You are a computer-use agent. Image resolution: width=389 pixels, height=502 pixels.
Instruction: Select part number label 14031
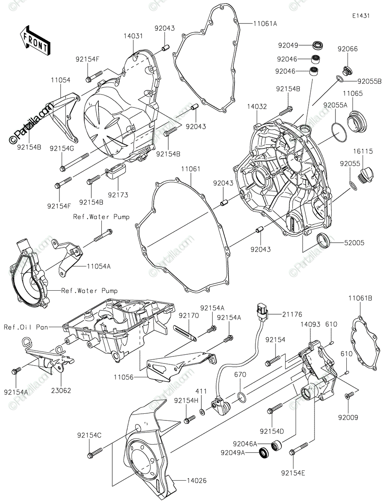point(133,36)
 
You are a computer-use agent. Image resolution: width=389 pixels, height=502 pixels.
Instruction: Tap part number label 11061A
point(265,24)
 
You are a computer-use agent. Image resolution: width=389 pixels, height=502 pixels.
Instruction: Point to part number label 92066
point(348,49)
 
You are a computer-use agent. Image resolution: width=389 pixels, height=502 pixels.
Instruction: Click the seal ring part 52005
point(323,241)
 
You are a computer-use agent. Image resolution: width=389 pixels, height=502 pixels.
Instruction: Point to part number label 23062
point(61,391)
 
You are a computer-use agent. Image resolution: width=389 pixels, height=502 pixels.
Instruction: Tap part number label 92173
point(118,195)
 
